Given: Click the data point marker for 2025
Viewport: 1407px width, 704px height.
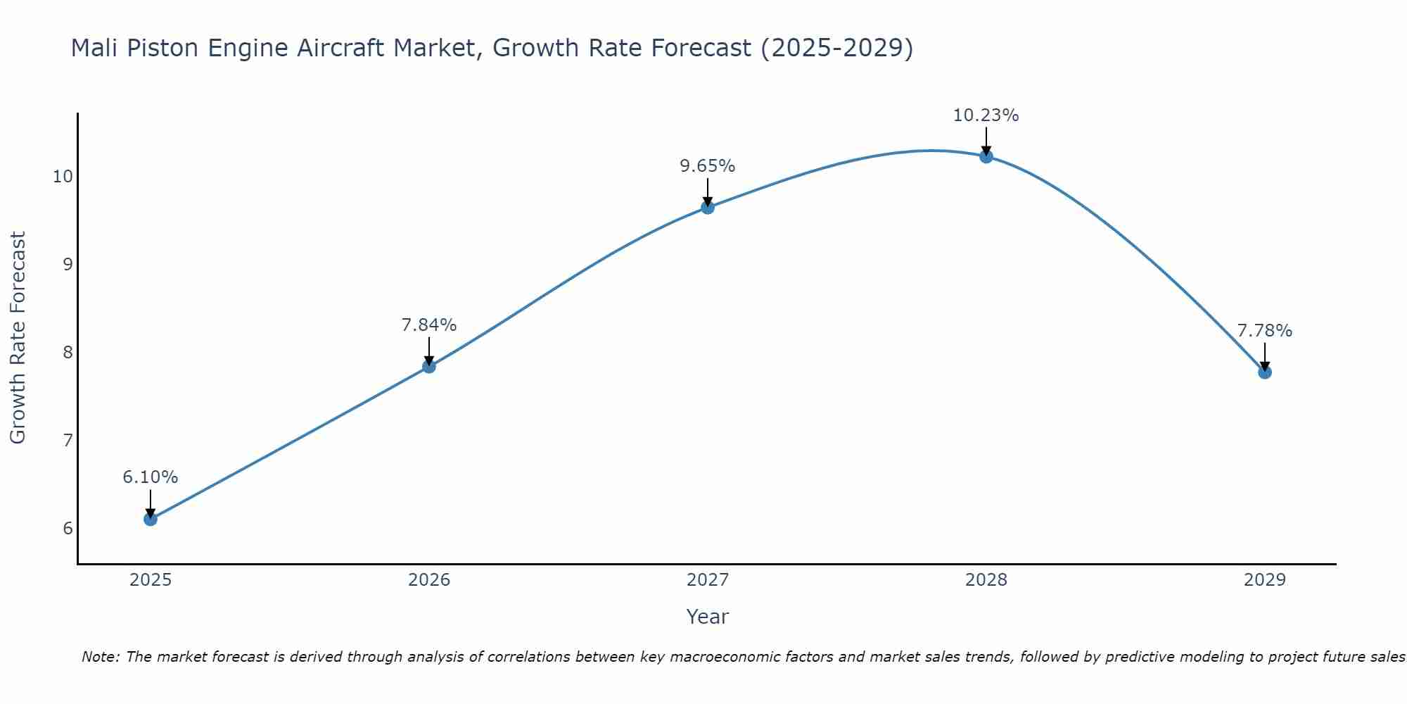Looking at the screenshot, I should coord(151,520).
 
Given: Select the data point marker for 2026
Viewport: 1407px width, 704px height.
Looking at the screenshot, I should coord(429,367).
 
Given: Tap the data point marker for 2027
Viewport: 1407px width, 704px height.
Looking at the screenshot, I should coord(708,207).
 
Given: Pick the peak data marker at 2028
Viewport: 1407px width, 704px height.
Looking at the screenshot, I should coord(986,156).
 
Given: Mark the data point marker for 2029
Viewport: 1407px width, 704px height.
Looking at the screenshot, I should coord(1265,372).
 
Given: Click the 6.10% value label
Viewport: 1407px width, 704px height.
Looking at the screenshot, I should coord(151,477).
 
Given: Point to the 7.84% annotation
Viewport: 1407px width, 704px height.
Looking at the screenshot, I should coord(429,325).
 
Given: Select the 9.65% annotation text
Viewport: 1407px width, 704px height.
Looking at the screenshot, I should coord(708,166).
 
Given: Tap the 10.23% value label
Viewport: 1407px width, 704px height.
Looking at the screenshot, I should coord(986,115).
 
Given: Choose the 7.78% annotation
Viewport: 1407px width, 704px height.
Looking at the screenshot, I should coord(1265,331).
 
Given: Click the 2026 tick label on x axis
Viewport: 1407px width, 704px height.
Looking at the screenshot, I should coord(429,580).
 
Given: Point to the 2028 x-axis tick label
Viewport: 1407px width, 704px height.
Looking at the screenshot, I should coord(986,580).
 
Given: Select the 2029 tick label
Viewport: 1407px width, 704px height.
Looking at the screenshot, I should coord(1265,580).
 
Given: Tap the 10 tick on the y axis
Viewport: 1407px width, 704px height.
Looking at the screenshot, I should coord(63,177).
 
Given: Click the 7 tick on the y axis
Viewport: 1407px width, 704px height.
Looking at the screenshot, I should coord(68,441).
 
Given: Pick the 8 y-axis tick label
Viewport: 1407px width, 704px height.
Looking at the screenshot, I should coord(68,353).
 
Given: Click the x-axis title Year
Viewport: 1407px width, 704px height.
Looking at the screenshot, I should coord(708,617).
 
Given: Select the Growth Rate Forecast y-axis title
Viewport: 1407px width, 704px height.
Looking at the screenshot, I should coord(18,338).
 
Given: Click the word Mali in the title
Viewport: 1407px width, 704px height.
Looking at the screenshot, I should coord(95,48).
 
